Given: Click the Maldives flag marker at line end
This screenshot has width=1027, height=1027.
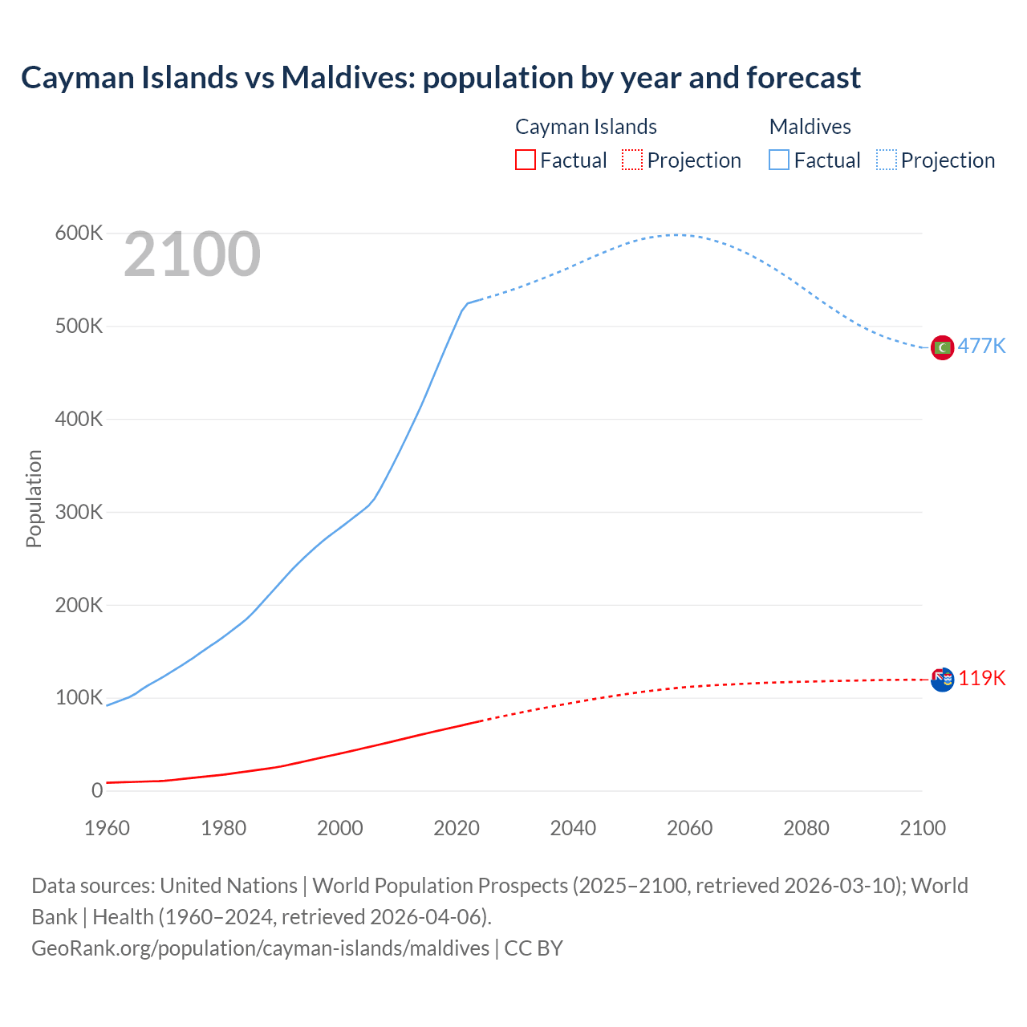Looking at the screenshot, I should [942, 347].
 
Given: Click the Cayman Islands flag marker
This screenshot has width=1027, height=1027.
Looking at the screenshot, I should [942, 680].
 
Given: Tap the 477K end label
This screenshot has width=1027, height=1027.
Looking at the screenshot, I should [981, 346].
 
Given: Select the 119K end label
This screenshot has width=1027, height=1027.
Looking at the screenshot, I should [981, 678].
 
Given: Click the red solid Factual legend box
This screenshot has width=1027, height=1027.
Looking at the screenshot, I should [525, 160].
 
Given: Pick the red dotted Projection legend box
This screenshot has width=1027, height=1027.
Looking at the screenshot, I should [631, 160].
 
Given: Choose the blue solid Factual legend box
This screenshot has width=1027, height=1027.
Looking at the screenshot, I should [778, 160].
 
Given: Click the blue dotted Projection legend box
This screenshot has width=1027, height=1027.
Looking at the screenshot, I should [886, 160].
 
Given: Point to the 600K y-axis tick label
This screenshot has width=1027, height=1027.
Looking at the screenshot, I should [79, 233].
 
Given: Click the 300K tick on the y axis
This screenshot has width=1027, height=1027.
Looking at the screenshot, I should [79, 512].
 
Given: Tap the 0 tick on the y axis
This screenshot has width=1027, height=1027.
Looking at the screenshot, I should [97, 790].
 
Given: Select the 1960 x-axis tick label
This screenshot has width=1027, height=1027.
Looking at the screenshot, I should [107, 828].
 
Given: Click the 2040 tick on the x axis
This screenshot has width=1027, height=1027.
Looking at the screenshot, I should [573, 828].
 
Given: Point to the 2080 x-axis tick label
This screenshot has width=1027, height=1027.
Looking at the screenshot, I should [806, 828].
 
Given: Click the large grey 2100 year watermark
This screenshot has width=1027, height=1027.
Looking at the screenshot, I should [192, 254].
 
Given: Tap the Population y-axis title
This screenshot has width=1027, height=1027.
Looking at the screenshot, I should [34, 498].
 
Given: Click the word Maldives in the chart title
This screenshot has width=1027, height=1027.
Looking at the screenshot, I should [347, 78].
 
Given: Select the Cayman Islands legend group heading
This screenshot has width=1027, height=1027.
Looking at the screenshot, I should [586, 127].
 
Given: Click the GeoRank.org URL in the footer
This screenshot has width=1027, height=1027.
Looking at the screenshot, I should [260, 948].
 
